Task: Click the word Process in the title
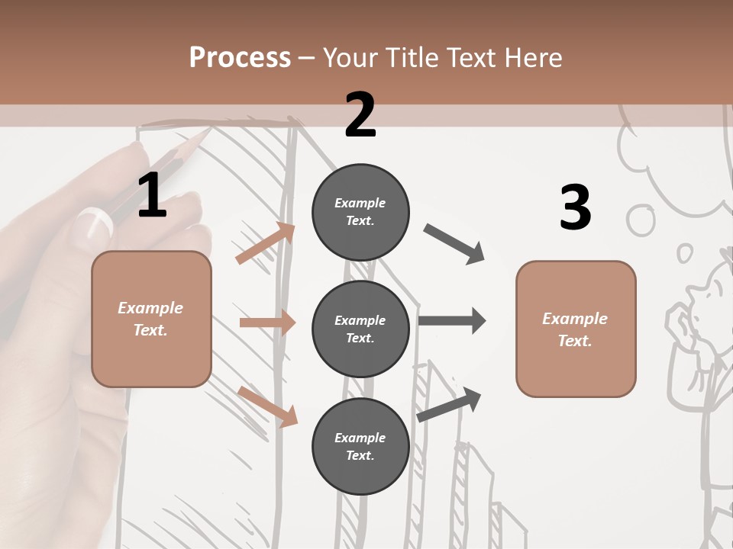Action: click(x=240, y=58)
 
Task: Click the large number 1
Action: click(x=152, y=197)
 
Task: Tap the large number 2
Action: click(x=360, y=115)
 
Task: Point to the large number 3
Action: click(x=575, y=208)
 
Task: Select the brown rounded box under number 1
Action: click(x=151, y=319)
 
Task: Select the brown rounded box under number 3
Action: click(x=576, y=329)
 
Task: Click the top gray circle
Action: click(x=360, y=212)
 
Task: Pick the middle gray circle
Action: click(x=360, y=329)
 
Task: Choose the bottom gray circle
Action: click(x=360, y=446)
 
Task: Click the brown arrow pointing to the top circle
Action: click(x=265, y=243)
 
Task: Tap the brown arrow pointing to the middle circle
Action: click(x=267, y=323)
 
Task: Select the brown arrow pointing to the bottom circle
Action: click(x=267, y=406)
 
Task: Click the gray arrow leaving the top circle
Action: click(x=454, y=243)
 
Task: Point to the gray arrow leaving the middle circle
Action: click(x=451, y=321)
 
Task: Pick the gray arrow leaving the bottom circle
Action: click(x=450, y=404)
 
